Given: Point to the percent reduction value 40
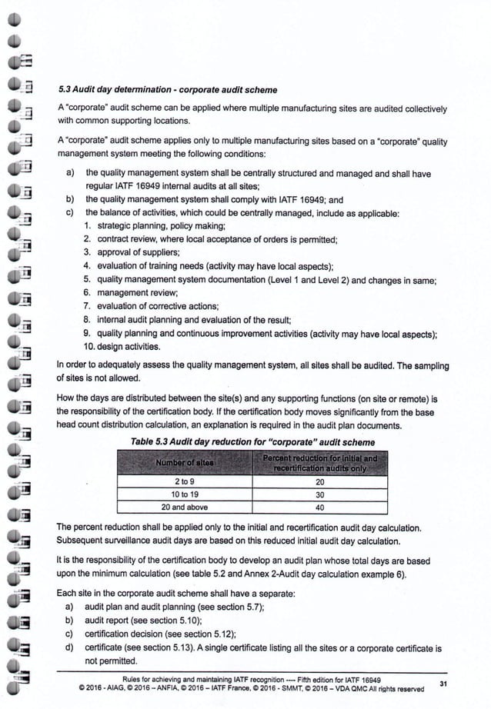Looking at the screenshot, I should pyautogui.click(x=320, y=507).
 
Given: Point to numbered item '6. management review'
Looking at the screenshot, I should pyautogui.click(x=141, y=292).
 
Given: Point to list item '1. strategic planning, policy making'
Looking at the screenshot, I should pyautogui.click(x=164, y=225).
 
